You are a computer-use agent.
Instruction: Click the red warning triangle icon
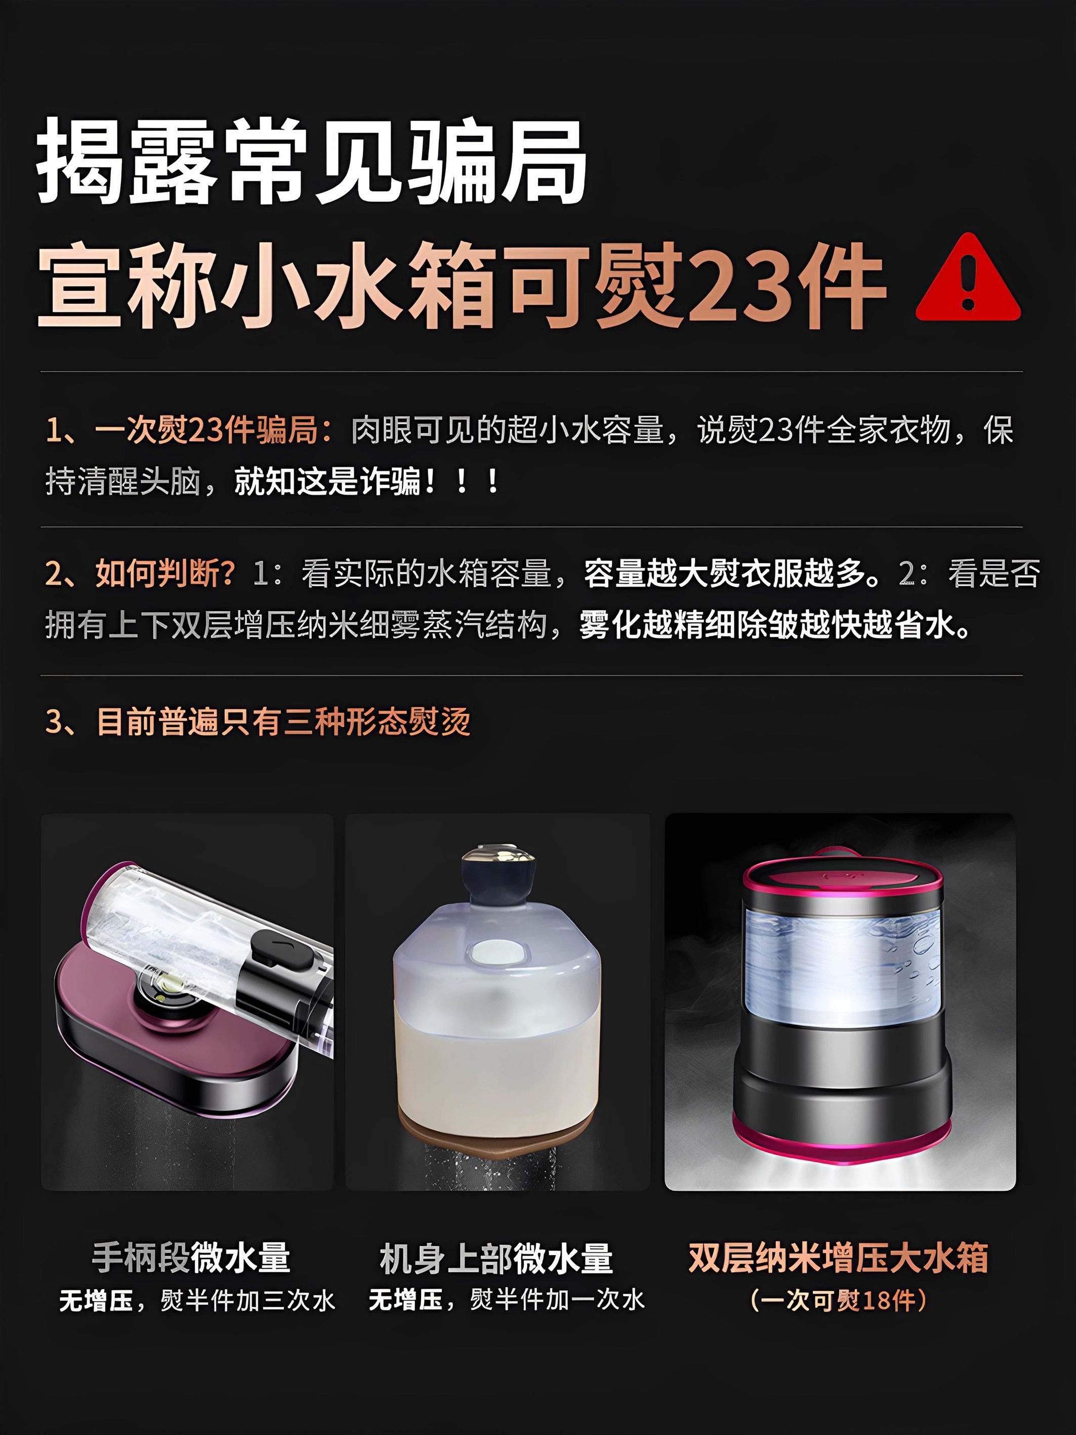click(x=967, y=282)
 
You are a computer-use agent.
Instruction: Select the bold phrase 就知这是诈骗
click(x=327, y=482)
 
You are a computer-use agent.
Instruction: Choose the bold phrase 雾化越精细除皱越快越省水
click(x=774, y=625)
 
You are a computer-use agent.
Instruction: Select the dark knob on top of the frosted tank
click(x=498, y=876)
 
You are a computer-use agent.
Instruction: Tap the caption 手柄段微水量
click(x=191, y=1258)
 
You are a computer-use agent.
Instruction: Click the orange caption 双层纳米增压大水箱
click(x=838, y=1257)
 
